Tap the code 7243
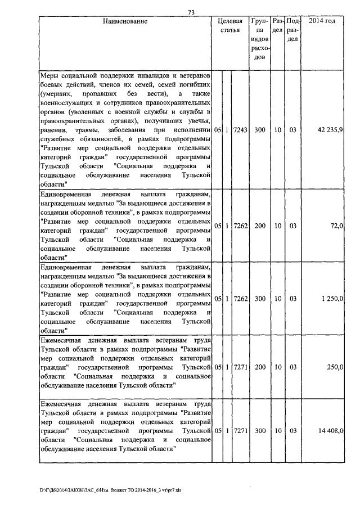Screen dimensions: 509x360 point(240,130)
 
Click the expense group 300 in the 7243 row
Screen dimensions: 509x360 point(259,130)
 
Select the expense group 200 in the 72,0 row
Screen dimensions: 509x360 point(259,226)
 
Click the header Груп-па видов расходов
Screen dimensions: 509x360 point(259,41)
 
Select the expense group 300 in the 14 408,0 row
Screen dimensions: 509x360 point(259,430)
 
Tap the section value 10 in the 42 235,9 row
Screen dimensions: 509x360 point(277,130)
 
